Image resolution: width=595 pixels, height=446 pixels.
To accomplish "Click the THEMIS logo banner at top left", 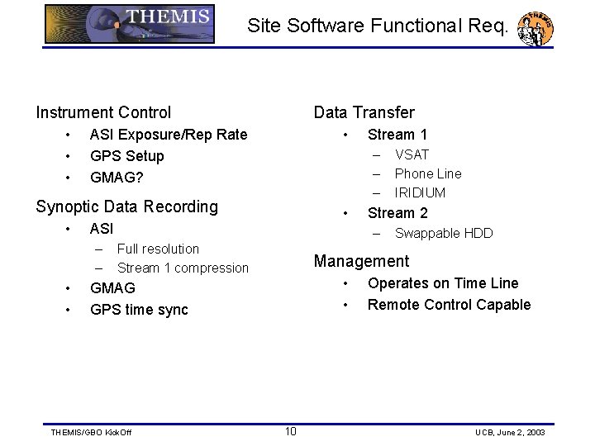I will [x=130, y=24].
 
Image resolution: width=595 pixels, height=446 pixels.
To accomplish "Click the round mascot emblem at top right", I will [x=535, y=29].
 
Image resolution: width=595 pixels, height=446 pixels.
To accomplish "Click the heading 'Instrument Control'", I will [x=103, y=112].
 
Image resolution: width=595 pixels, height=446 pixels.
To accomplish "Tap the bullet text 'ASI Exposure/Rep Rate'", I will [x=168, y=135].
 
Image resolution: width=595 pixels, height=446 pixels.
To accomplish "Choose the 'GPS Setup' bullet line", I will [x=126, y=156].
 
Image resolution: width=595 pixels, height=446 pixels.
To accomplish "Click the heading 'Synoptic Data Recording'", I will [x=126, y=206].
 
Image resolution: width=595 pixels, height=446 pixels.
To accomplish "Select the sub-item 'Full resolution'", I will [x=158, y=249].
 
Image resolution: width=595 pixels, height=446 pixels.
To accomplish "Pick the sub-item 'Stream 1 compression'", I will [x=183, y=268].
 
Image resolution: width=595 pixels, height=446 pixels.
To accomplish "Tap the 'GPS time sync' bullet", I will [x=139, y=310].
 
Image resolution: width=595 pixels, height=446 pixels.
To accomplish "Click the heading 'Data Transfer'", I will [x=364, y=112].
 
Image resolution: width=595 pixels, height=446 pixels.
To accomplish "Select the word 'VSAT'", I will [x=412, y=154].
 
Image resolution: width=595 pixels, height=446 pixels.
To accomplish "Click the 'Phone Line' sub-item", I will [x=428, y=173].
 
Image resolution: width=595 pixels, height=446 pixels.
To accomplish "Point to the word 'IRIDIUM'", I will [x=420, y=192].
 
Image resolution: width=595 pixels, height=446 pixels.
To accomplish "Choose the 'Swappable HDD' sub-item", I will [x=444, y=234].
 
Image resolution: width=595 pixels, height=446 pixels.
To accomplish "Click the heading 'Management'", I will [x=361, y=262].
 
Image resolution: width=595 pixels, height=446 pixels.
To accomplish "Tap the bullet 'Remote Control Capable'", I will [x=449, y=305].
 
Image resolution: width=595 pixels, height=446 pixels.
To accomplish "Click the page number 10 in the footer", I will [x=291, y=431].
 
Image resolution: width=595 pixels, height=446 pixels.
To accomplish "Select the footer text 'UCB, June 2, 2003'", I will [x=511, y=433].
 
